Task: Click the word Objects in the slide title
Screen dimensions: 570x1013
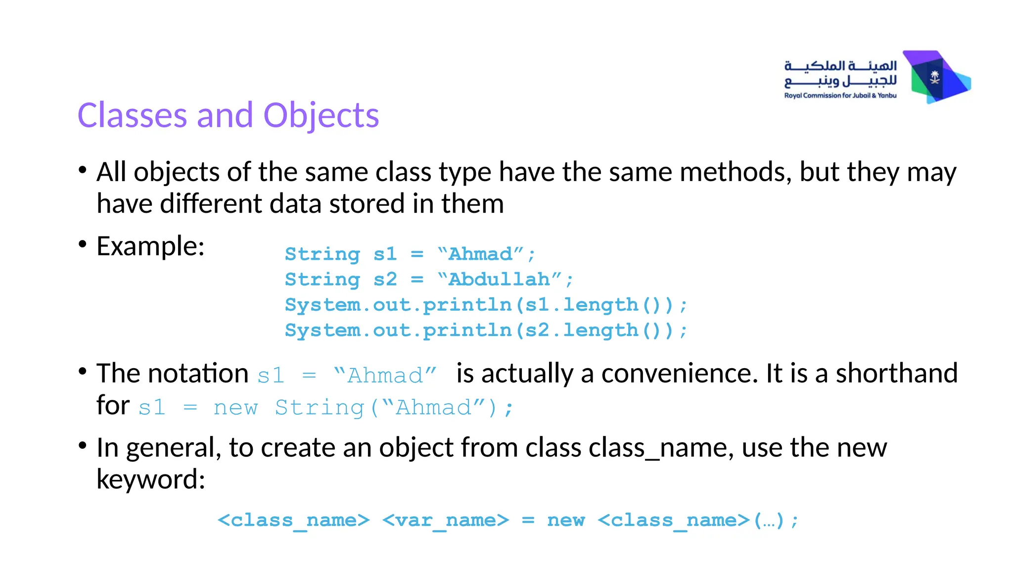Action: click(x=321, y=115)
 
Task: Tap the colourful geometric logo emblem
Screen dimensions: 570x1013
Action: click(x=937, y=77)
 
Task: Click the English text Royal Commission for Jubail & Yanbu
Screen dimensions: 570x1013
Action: click(x=840, y=95)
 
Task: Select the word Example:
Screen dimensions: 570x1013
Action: click(x=150, y=246)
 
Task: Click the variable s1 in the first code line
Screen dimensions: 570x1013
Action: click(x=385, y=254)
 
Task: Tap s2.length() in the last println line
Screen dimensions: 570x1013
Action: click(x=600, y=330)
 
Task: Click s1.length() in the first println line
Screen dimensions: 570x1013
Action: click(x=600, y=305)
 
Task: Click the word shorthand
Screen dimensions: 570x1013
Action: click(x=896, y=373)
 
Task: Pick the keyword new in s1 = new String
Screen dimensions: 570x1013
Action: click(x=235, y=408)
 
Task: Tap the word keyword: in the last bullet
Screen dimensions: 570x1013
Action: click(x=150, y=479)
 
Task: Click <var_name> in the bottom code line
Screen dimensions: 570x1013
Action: click(x=445, y=520)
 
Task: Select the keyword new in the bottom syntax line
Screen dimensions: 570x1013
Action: click(x=566, y=520)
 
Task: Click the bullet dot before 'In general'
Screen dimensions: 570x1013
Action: click(x=83, y=445)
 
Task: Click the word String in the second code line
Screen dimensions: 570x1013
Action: click(x=322, y=280)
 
